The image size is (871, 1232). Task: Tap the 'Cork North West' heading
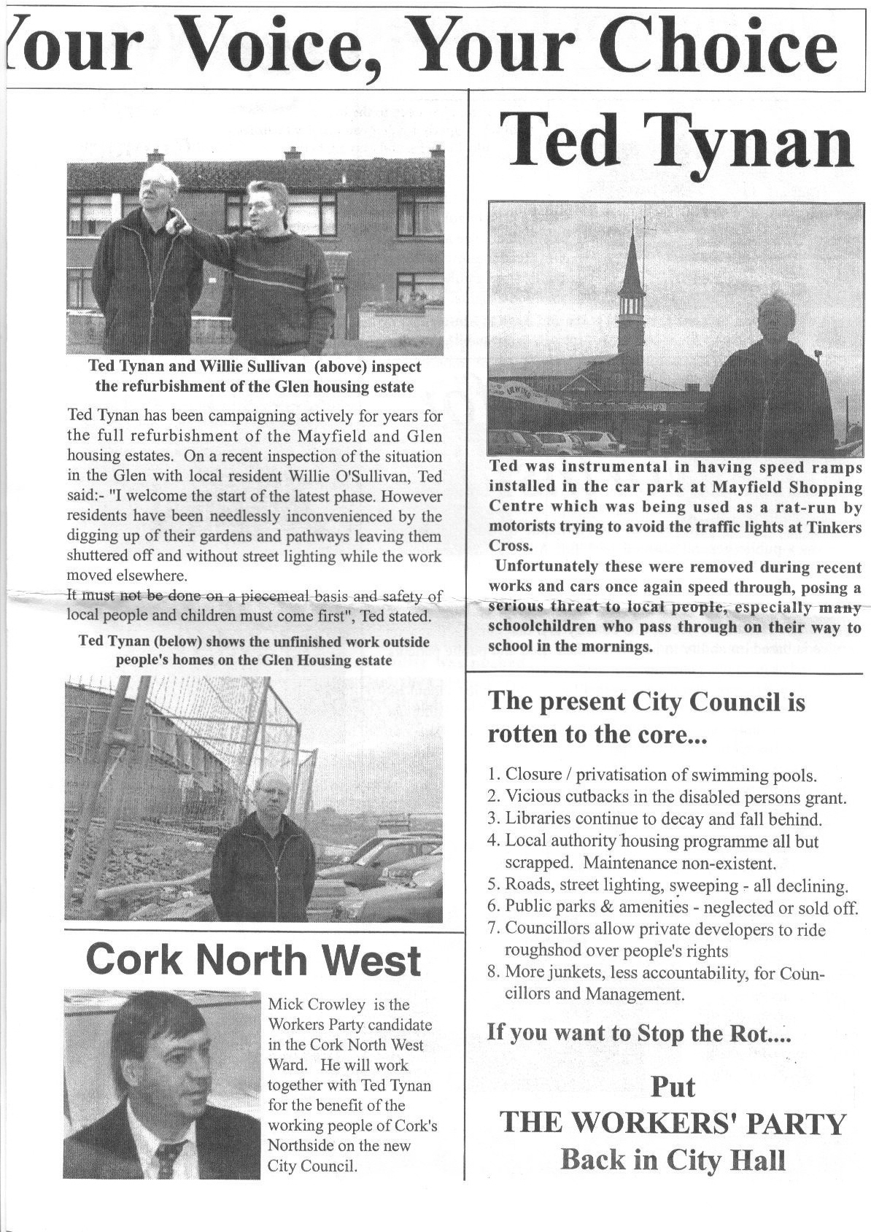pyautogui.click(x=253, y=960)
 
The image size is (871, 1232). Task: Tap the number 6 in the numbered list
pyautogui.click(x=493, y=907)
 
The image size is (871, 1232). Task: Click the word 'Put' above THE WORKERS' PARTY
pyautogui.click(x=673, y=1087)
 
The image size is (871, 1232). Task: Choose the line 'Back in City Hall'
pyautogui.click(x=673, y=1159)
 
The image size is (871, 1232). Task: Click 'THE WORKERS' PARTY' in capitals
pyautogui.click(x=673, y=1123)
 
